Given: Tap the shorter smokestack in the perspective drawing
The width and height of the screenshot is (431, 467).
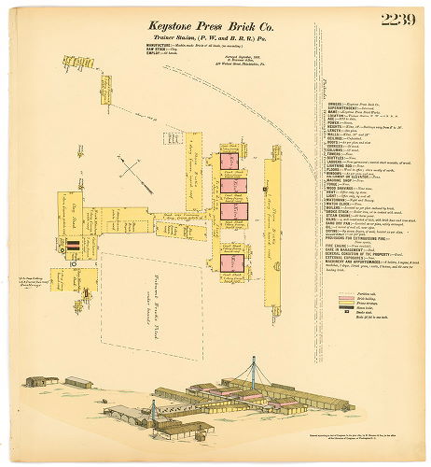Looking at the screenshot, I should tap(152, 407).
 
